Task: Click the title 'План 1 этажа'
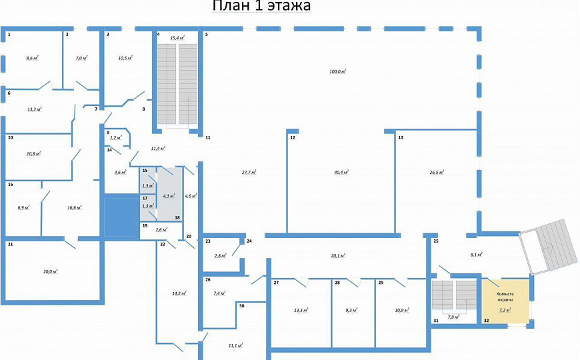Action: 261,7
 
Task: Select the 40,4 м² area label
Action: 341,172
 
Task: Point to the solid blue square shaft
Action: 121,216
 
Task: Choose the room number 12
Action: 292,137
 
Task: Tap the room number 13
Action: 401,137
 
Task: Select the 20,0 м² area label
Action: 50,271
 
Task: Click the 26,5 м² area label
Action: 437,172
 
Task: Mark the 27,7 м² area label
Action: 249,172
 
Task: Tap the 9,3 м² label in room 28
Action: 351,310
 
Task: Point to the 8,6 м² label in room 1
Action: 31,59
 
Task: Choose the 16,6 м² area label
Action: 74,208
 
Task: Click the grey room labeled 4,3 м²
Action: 169,196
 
